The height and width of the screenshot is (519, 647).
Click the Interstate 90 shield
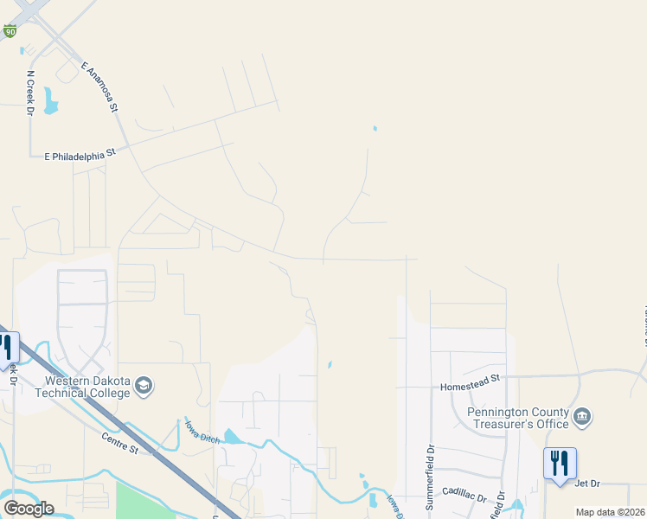[x=10, y=31]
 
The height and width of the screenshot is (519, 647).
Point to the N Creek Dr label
[x=30, y=93]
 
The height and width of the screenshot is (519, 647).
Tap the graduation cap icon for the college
[x=144, y=386]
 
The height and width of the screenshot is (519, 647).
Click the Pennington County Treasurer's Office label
[x=519, y=418]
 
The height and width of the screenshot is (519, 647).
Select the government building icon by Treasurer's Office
[x=582, y=418]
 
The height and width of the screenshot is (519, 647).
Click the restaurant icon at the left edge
[x=7, y=346]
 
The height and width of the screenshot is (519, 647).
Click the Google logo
[x=29, y=509]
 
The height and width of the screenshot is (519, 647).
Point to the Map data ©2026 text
[x=610, y=512]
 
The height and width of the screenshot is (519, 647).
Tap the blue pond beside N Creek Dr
[x=50, y=100]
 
